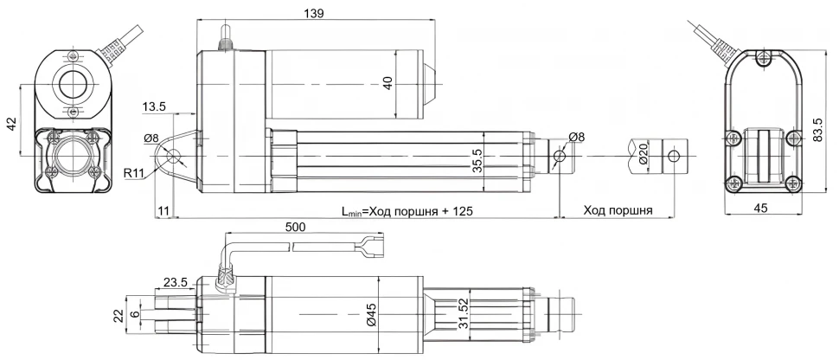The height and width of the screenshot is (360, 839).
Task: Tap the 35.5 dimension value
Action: [x=477, y=161]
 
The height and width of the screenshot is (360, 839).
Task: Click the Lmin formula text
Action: [x=407, y=210]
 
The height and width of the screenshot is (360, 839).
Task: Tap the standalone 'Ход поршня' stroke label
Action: [x=618, y=210]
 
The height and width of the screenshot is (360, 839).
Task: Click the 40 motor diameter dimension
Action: [x=387, y=82]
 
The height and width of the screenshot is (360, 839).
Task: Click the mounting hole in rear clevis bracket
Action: [x=174, y=157]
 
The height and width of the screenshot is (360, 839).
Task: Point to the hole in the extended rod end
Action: [x=674, y=156]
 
